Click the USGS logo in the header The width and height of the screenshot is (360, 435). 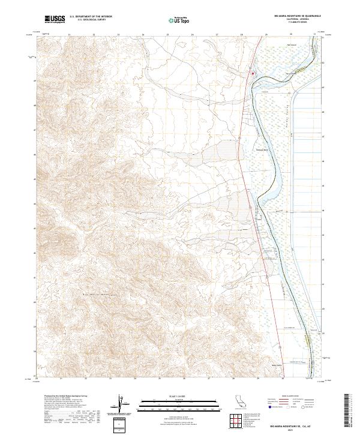click(55, 20)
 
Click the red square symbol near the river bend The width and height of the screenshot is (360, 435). click(253, 74)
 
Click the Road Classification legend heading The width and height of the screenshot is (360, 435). click(290, 396)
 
